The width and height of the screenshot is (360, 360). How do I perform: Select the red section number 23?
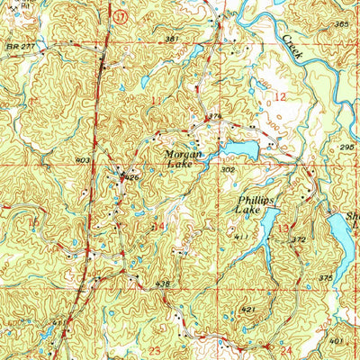pyautogui.click(x=155, y=348)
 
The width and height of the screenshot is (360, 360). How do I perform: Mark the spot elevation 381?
pyautogui.click(x=173, y=39)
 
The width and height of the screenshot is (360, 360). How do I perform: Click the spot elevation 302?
pyautogui.click(x=229, y=168)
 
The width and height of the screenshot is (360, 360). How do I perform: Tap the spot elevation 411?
pyautogui.click(x=240, y=237)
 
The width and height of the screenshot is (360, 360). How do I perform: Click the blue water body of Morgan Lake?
pyautogui.click(x=241, y=148)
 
